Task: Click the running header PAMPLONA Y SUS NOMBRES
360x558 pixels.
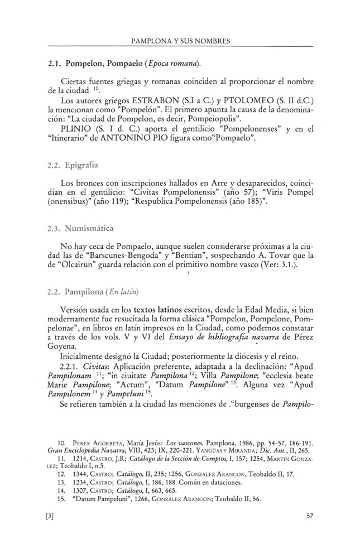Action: click(x=180, y=41)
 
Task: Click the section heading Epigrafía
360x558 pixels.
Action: click(x=84, y=165)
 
